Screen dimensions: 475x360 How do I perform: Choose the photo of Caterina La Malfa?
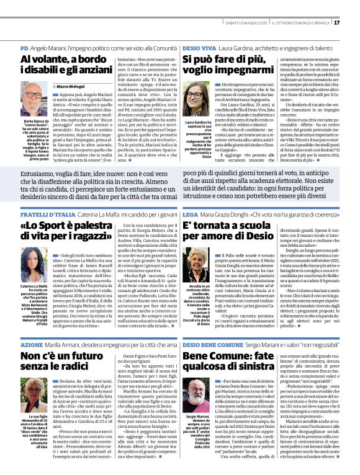click(x=34, y=249)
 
